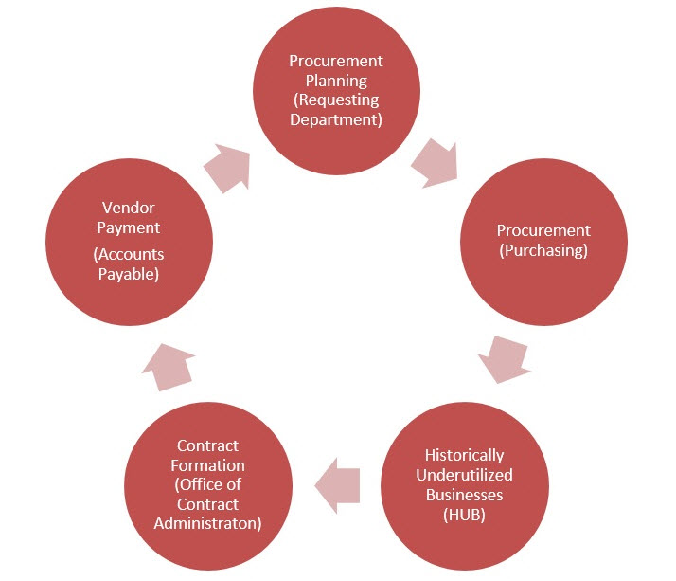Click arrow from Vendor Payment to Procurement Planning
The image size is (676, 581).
[x=226, y=165]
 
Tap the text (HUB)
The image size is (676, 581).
[x=464, y=515]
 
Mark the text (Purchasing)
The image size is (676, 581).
[x=543, y=250]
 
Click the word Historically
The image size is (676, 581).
[x=464, y=455]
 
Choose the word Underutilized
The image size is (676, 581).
[x=464, y=475]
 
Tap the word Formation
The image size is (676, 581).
[x=207, y=465]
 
